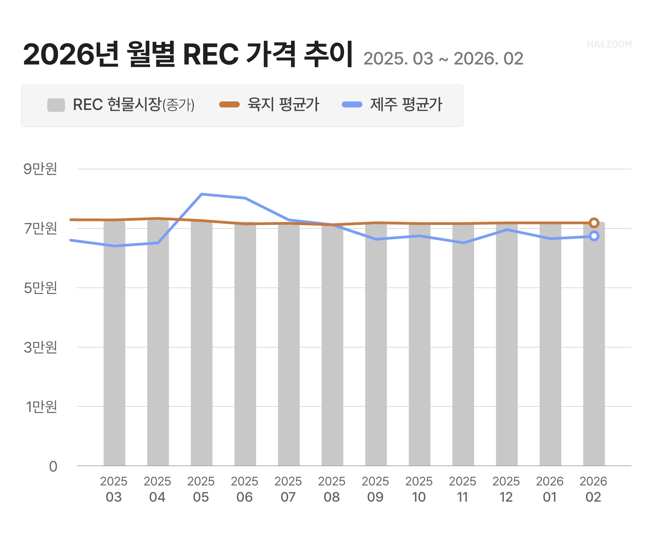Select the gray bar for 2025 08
[332, 345]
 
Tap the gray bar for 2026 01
[550, 345]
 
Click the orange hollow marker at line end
[594, 223]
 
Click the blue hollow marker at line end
[594, 236]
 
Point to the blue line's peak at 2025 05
[201, 194]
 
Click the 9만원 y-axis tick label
[40, 169]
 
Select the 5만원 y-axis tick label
[40, 288]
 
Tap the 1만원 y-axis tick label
[41, 407]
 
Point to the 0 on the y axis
[53, 467]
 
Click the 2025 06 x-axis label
[244, 489]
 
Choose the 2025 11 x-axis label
[462, 489]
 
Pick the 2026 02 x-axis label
[593, 489]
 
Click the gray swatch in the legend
[56, 105]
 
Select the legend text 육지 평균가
[283, 104]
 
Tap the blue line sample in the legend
[352, 104]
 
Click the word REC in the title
[211, 54]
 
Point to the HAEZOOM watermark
[609, 44]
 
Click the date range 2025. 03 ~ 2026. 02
[443, 59]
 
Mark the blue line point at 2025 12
[507, 230]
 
